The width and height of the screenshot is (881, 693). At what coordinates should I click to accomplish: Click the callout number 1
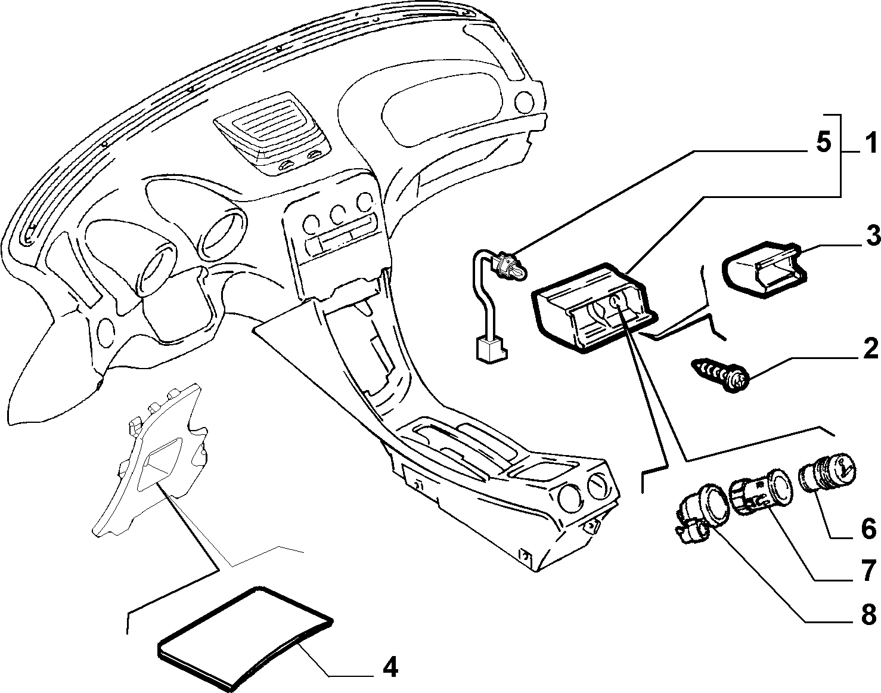click(x=868, y=144)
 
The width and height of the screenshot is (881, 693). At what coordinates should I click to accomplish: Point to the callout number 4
click(x=390, y=667)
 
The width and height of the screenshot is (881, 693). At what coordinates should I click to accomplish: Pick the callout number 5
click(x=812, y=142)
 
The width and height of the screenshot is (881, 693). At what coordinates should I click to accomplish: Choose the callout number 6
click(x=867, y=530)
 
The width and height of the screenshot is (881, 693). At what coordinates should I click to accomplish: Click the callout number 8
click(x=867, y=614)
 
